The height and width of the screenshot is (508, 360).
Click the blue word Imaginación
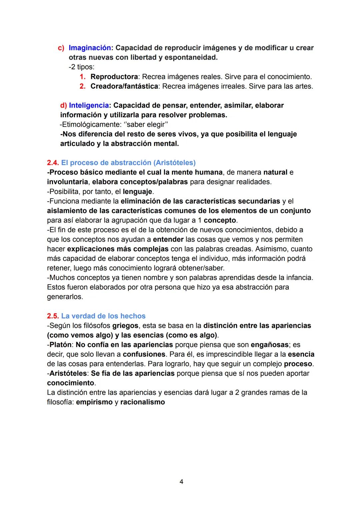pos(89,48)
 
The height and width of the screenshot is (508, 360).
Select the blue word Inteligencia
pos(89,106)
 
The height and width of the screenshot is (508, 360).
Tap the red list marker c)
pos(61,48)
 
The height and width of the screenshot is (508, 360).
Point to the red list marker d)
pos(64,106)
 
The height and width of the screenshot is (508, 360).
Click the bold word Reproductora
pos(114,77)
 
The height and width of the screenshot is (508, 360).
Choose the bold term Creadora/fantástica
pos(124,87)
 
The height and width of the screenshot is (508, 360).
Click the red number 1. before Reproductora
pos(83,77)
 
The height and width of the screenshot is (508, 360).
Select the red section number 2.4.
pos(53,163)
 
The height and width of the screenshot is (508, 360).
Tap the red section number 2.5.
pos(53,316)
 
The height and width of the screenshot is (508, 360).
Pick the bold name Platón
pos(60,345)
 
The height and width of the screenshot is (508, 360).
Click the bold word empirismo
pos(94,402)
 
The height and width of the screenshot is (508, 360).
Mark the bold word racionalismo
pos(142,402)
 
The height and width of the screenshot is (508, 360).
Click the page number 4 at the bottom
pos(181,482)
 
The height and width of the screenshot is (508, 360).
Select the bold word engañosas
pos(269,345)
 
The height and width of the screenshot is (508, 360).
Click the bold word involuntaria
pos(68,182)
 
